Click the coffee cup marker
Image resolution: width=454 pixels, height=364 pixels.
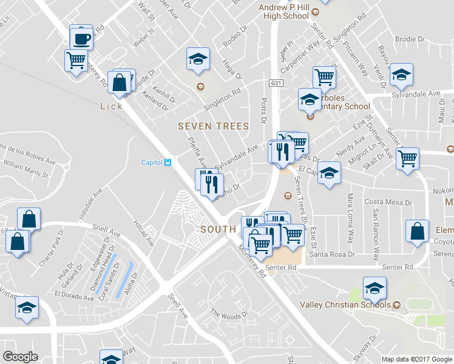tap(81, 39)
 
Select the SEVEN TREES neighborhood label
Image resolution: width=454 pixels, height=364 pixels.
tap(213, 126)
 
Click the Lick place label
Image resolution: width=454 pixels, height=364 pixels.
tap(112, 106)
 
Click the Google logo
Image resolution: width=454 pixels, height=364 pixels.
tap(20, 357)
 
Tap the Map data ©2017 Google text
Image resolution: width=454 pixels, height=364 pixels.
tap(417, 359)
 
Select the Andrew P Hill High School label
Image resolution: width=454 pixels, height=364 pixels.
tap(284, 12)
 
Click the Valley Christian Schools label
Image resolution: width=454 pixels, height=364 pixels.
tap(345, 305)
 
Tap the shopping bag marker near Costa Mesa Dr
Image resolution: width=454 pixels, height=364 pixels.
tap(416, 231)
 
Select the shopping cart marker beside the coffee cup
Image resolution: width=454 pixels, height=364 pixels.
tap(76, 60)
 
